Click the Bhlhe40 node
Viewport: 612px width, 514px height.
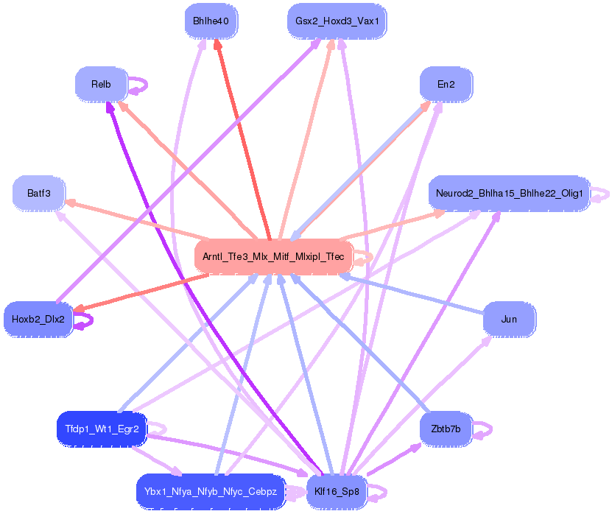click(211, 21)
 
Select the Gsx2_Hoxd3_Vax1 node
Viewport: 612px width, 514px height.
click(337, 21)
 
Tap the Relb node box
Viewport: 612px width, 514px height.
click(101, 85)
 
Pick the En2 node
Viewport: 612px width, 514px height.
click(446, 85)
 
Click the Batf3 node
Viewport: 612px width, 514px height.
click(39, 194)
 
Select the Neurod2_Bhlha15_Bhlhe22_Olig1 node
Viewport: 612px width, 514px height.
click(509, 194)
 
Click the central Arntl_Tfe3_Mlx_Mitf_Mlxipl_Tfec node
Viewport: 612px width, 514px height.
click(274, 256)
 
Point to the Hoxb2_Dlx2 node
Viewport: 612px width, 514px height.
click(38, 320)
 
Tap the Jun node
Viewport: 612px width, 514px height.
click(509, 320)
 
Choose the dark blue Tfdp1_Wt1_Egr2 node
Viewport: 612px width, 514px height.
click(102, 429)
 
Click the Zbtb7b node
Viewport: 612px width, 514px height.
click(446, 429)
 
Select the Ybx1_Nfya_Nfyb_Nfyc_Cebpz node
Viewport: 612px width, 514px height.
click(211, 491)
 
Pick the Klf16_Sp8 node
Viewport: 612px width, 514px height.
click(337, 491)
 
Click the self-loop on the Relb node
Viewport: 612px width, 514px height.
click(140, 85)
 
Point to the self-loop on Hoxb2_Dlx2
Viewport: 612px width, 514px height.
click(85, 320)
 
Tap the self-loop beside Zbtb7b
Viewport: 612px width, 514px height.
click(484, 429)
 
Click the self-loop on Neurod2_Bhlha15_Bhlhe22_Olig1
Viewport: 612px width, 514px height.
click(601, 194)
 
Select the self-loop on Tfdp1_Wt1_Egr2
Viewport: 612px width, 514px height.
click(158, 429)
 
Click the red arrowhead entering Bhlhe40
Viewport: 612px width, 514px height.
click(217, 44)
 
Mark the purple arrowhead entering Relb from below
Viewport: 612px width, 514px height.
click(110, 107)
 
